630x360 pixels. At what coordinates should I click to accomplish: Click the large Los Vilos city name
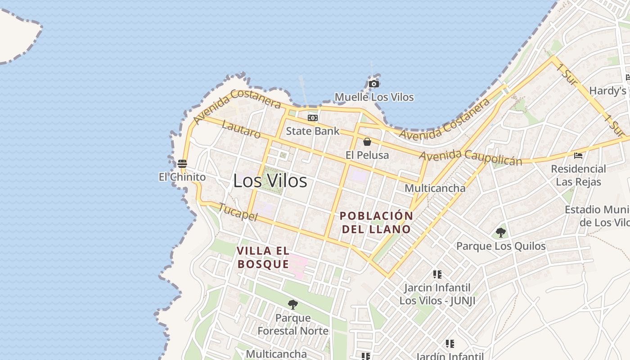[x=270, y=181]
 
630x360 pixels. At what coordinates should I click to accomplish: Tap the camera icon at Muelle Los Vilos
[x=373, y=84]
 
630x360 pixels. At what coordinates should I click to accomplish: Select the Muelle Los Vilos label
[x=374, y=97]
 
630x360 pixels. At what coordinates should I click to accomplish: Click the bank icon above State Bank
[x=312, y=118]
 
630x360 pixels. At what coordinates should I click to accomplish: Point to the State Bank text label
[x=313, y=131]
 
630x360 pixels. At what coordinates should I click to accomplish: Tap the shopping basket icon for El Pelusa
[x=367, y=142]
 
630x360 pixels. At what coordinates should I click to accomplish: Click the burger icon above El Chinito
[x=182, y=163]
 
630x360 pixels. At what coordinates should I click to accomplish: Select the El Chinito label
[x=182, y=177]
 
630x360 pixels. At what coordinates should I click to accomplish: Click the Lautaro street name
[x=241, y=130]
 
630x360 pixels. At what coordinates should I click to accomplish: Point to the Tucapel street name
[x=238, y=212]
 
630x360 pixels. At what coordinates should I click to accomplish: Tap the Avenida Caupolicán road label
[x=471, y=157]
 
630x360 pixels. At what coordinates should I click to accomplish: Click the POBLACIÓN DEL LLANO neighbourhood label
[x=376, y=222]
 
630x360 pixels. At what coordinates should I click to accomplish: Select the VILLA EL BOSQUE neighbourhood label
[x=263, y=257]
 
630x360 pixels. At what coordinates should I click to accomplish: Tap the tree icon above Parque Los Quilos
[x=500, y=233]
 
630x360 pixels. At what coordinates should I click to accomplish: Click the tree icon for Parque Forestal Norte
[x=293, y=305]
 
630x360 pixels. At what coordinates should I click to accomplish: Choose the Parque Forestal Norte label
[x=293, y=324]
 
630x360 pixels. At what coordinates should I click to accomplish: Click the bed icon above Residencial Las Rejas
[x=578, y=156]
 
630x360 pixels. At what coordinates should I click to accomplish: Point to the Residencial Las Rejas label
[x=579, y=175]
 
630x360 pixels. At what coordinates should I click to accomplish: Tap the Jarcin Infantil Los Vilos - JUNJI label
[x=437, y=294]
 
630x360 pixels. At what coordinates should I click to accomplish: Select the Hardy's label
[x=607, y=91]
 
